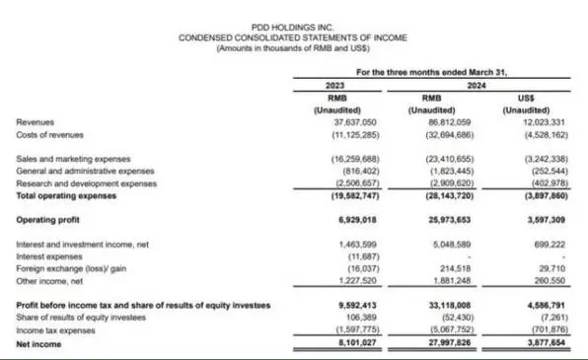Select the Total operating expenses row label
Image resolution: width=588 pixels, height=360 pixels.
coord(66,193)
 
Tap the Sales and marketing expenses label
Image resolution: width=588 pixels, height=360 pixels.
coord(74,158)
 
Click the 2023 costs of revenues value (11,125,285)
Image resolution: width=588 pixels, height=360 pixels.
coord(338,132)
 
